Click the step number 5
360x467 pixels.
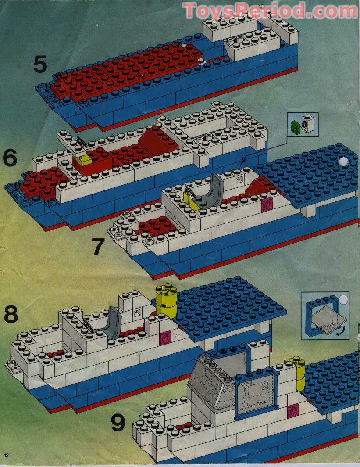click(40, 65)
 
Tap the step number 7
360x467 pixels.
click(98, 247)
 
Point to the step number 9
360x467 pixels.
click(118, 423)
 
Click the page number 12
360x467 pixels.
click(7, 456)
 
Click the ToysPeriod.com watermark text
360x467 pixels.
click(270, 11)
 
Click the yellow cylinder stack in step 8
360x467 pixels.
click(166, 301)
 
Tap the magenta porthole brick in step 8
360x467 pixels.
click(165, 338)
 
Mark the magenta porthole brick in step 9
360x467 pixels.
click(293, 411)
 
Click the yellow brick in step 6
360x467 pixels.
click(83, 160)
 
